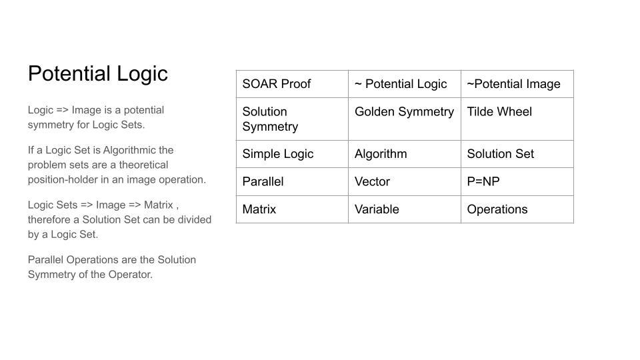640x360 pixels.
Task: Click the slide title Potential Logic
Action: pyautogui.click(x=98, y=74)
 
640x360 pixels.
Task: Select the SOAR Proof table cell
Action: pyautogui.click(x=292, y=84)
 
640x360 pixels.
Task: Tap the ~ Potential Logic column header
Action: pyautogui.click(x=405, y=84)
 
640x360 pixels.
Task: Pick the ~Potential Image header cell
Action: pyautogui.click(x=517, y=84)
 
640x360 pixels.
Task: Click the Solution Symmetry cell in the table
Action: pyautogui.click(x=292, y=119)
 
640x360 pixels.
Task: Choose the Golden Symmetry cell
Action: pyautogui.click(x=405, y=119)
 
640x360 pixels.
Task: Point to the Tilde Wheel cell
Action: pyautogui.click(x=517, y=119)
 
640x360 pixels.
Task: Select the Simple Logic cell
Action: pyautogui.click(x=292, y=154)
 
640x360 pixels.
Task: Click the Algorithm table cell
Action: pyautogui.click(x=405, y=154)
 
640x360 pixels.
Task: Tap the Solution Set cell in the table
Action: pyautogui.click(x=517, y=154)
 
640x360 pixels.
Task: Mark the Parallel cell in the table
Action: pyautogui.click(x=292, y=181)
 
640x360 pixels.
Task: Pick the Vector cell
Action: pyautogui.click(x=405, y=181)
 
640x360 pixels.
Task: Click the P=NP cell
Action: pyautogui.click(x=517, y=181)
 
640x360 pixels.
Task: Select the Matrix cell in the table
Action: pyautogui.click(x=292, y=209)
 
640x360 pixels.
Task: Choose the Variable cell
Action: pyautogui.click(x=405, y=209)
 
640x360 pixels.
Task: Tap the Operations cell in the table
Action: pyautogui.click(x=517, y=209)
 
